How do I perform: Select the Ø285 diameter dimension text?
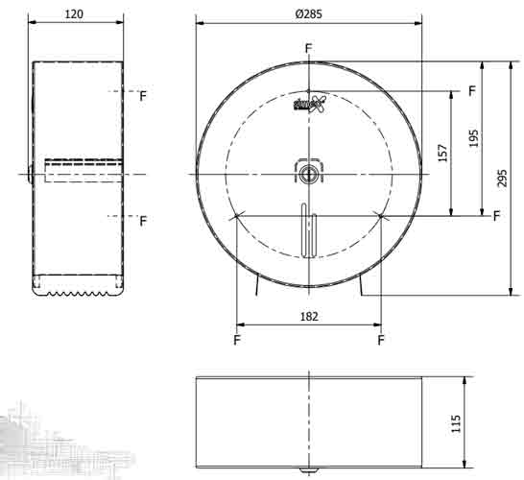click(x=308, y=12)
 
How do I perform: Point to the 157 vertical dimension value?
click(x=441, y=154)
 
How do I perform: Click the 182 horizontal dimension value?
click(x=308, y=316)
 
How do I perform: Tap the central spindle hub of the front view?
click(x=308, y=174)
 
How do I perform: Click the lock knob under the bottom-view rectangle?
click(x=308, y=470)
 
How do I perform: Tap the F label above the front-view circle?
click(x=308, y=48)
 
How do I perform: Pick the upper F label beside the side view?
click(x=143, y=96)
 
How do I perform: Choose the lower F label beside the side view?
click(x=143, y=222)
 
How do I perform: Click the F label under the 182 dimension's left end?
click(x=236, y=340)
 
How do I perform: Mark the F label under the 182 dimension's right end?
click(x=381, y=340)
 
